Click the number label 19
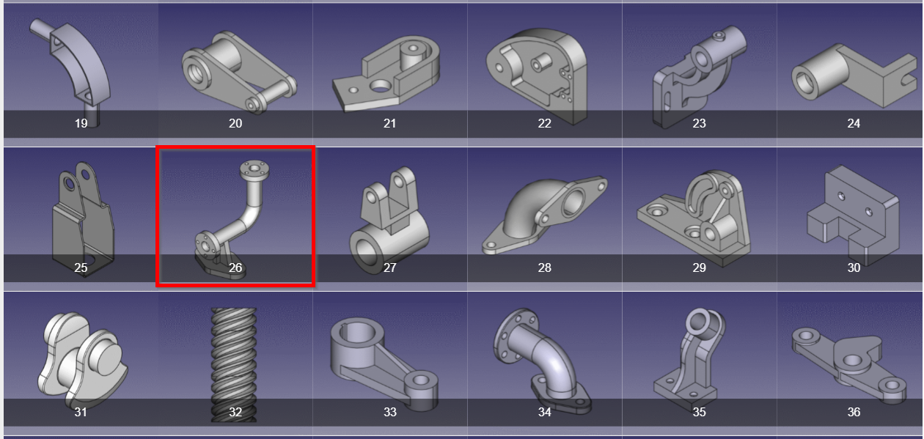(x=81, y=123)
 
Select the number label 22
(x=544, y=123)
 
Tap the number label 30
(x=854, y=268)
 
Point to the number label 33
(x=390, y=412)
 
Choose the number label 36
(x=854, y=412)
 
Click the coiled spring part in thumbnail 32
(x=234, y=365)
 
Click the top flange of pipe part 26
(x=254, y=169)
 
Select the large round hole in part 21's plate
(x=380, y=86)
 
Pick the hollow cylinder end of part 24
(x=807, y=84)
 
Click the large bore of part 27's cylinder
(x=368, y=254)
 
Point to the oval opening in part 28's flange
(x=573, y=201)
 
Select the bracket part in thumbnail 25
(x=82, y=218)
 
